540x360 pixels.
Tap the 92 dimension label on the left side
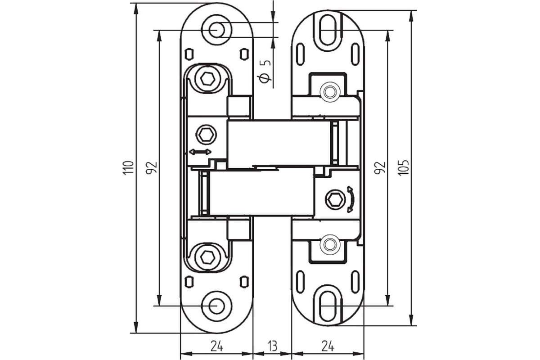click(152, 167)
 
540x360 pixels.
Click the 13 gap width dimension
click(272, 346)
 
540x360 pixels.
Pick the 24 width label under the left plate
click(216, 346)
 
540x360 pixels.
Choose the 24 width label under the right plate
click(328, 346)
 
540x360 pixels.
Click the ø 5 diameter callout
click(265, 71)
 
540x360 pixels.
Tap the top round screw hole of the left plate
click(216, 30)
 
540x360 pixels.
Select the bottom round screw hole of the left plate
click(216, 306)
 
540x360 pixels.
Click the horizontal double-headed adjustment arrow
click(200, 152)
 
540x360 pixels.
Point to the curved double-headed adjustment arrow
click(350, 199)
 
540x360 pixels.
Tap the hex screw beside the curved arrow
click(333, 198)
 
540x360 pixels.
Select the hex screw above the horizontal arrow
click(207, 134)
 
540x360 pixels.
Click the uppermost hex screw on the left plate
click(207, 78)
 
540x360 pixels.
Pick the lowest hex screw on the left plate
click(207, 257)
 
